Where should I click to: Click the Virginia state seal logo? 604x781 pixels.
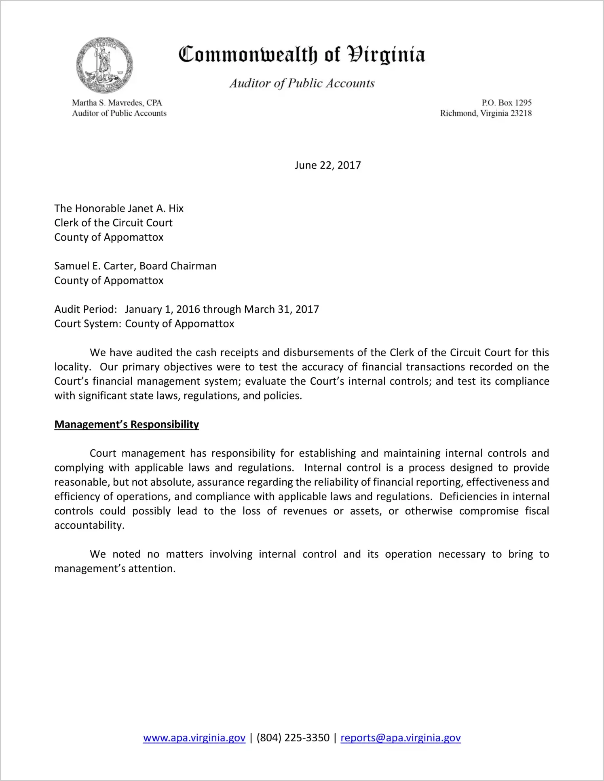click(x=104, y=65)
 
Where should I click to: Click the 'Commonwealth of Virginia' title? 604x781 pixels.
click(x=302, y=55)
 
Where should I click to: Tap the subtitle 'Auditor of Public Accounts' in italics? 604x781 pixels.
click(x=302, y=83)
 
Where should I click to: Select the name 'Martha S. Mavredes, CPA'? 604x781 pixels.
click(x=117, y=103)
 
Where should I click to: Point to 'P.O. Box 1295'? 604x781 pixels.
click(x=506, y=103)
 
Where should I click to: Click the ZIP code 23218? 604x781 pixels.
click(x=521, y=113)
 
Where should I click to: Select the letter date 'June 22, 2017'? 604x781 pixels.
click(x=327, y=165)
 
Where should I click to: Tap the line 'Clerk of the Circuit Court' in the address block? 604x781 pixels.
click(x=113, y=223)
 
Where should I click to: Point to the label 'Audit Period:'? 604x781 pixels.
click(x=85, y=309)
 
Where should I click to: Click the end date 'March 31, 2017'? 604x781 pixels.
click(x=281, y=309)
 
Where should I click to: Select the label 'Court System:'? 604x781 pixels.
click(x=87, y=324)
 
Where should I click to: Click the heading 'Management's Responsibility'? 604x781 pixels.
click(x=127, y=424)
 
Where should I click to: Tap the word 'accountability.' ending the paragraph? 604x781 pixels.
click(x=89, y=525)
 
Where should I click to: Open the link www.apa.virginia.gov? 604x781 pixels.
click(x=194, y=738)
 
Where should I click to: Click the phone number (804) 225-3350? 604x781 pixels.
click(x=293, y=738)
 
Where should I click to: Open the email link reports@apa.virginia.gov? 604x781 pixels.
click(x=400, y=738)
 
